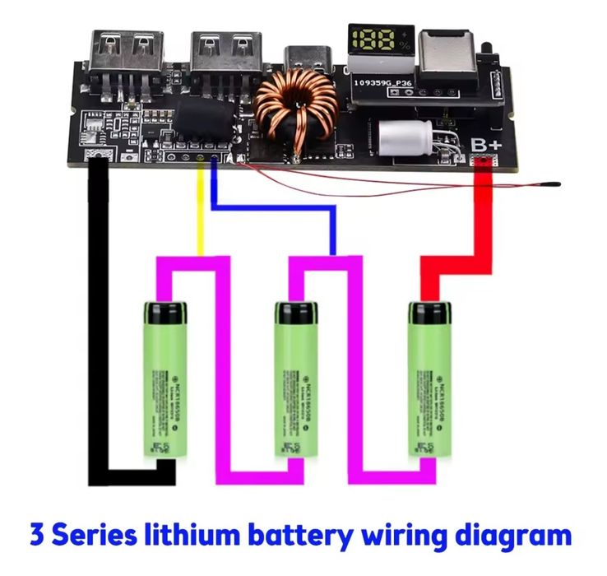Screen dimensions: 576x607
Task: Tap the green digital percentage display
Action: click(x=381, y=40)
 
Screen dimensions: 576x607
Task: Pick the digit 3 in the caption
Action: click(x=38, y=536)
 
